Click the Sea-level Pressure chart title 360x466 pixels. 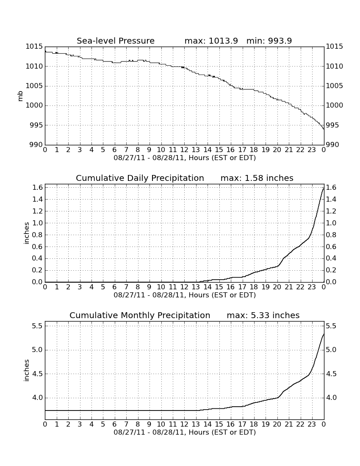click(116, 41)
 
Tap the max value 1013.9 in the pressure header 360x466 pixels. click(223, 41)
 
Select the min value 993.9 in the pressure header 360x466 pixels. click(280, 41)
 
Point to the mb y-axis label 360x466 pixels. click(20, 96)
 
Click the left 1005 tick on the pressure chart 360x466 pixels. click(34, 86)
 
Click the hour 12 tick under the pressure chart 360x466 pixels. click(184, 150)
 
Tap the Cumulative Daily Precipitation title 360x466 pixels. click(140, 178)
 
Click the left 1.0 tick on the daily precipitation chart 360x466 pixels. click(37, 223)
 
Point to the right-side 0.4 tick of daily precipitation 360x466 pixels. click(332, 258)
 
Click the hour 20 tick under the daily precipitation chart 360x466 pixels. click(277, 287)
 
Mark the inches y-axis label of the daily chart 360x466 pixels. click(26, 233)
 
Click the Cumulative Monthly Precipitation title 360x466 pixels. click(140, 315)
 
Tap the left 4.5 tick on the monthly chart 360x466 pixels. click(37, 374)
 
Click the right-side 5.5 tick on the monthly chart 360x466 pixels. click(332, 326)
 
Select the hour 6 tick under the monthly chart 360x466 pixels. click(114, 424)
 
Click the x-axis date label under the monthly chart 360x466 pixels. click(185, 432)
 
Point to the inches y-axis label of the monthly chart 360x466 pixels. click(26, 371)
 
